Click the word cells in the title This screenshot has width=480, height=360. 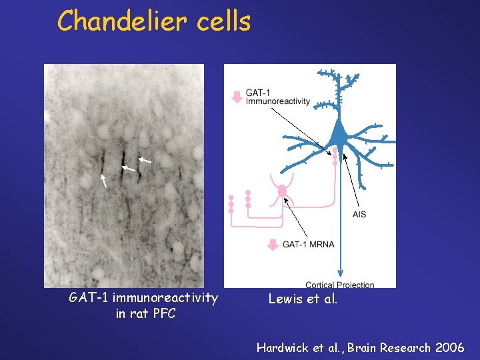click(x=224, y=21)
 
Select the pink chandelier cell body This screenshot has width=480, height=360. click(x=282, y=191)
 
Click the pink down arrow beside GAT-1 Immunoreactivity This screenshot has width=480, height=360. click(x=236, y=97)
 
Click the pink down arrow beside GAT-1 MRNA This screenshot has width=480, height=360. click(x=273, y=244)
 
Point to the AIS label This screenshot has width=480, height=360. click(x=359, y=214)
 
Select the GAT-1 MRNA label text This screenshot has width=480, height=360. click(x=308, y=245)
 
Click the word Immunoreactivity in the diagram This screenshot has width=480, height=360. click(x=277, y=101)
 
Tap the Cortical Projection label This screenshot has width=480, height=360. click(x=339, y=285)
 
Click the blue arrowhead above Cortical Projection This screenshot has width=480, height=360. click(x=341, y=272)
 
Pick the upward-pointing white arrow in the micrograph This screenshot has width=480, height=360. click(x=103, y=180)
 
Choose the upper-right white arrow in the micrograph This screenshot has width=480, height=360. click(x=145, y=160)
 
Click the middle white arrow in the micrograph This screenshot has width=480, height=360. click(x=128, y=169)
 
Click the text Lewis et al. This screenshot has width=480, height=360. click(x=303, y=299)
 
